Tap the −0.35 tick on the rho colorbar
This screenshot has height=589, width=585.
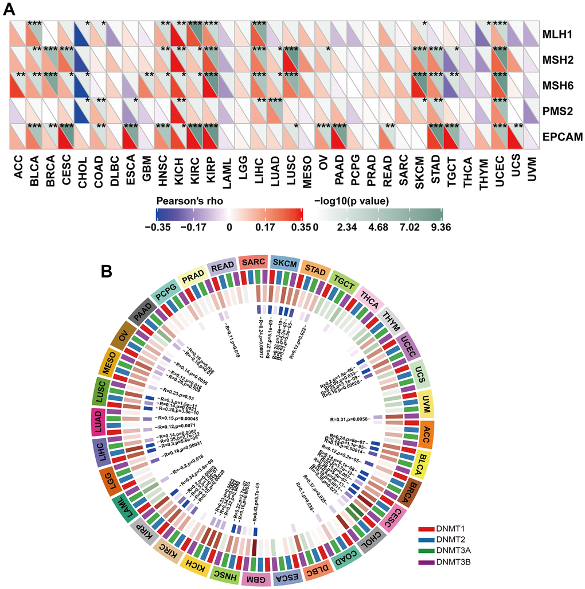[157, 227]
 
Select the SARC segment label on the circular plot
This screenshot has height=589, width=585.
[253, 263]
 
